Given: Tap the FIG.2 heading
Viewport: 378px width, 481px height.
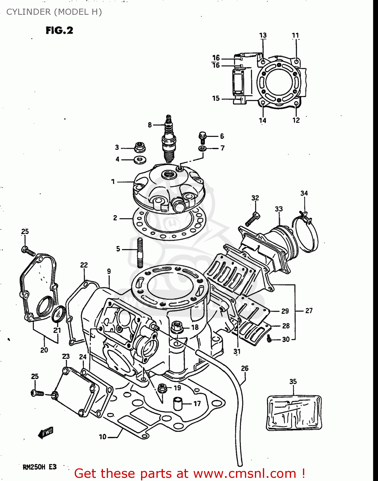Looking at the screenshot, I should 59,30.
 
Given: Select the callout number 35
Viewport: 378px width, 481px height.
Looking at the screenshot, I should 293,382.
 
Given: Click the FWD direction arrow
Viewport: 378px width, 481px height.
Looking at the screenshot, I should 46,433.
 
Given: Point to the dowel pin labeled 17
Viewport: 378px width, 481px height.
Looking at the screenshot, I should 178,403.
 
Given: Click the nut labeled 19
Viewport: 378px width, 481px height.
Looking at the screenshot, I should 162,388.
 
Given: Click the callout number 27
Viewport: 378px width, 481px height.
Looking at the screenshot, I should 309,310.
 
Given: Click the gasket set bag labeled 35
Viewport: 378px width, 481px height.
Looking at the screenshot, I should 294,413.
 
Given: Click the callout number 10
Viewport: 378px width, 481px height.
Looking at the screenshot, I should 103,437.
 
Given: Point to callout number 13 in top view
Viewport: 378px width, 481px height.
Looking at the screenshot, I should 263,35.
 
